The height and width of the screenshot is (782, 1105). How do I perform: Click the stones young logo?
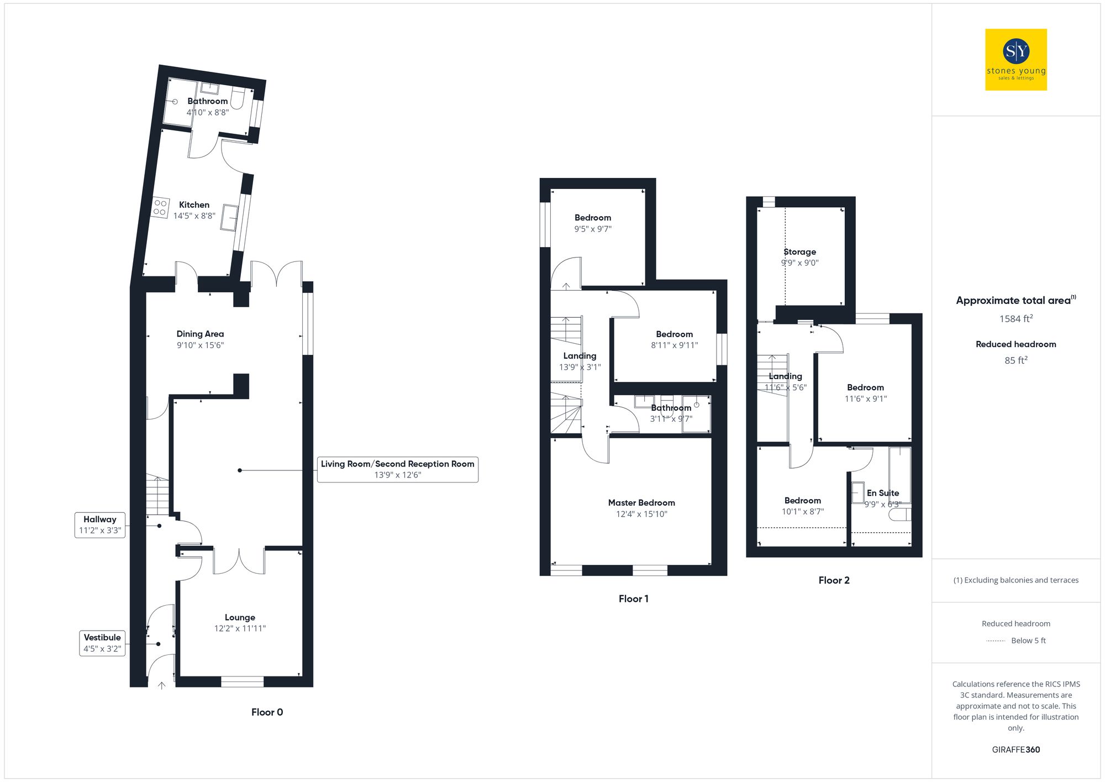coord(1015,60)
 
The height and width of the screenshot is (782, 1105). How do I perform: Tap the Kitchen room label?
coord(194,204)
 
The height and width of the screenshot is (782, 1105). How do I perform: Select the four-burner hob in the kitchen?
coord(160,207)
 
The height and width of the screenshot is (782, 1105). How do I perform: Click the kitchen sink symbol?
coord(229,217)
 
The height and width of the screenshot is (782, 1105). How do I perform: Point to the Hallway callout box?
coord(100,524)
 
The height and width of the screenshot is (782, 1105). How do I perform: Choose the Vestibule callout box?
coord(102,643)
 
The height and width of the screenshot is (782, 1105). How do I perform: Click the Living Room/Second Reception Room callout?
coord(397,469)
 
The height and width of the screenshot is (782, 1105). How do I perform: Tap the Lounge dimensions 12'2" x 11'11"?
coord(240,628)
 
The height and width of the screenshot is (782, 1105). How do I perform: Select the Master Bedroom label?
coord(641,502)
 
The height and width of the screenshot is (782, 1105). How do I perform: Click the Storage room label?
coord(799,251)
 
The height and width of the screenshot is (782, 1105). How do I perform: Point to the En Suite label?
coord(882,492)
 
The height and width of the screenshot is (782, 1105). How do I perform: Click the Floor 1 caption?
coord(633,599)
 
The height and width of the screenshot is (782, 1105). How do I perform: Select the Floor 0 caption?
coord(267,712)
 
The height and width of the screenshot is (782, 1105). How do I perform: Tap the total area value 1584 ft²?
coord(1015,319)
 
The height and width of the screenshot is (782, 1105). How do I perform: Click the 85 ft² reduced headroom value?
coord(1015,360)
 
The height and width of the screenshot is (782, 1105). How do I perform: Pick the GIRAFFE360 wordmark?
coord(1015,749)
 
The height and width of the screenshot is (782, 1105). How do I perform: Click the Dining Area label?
coord(200,334)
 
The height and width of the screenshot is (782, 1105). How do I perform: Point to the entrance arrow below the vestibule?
coord(161,685)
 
